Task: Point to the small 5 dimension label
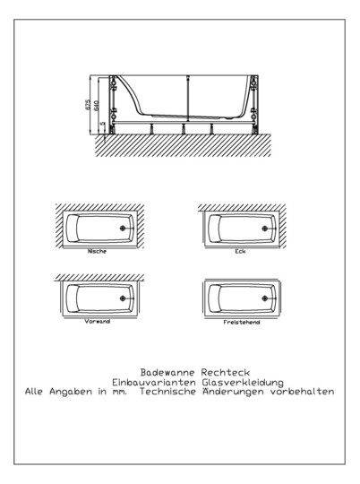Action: click(103, 125)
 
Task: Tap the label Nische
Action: click(98, 251)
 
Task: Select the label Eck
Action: click(241, 251)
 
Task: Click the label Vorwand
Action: click(98, 321)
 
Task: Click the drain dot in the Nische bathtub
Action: click(122, 229)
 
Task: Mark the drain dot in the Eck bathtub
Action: click(264, 229)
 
